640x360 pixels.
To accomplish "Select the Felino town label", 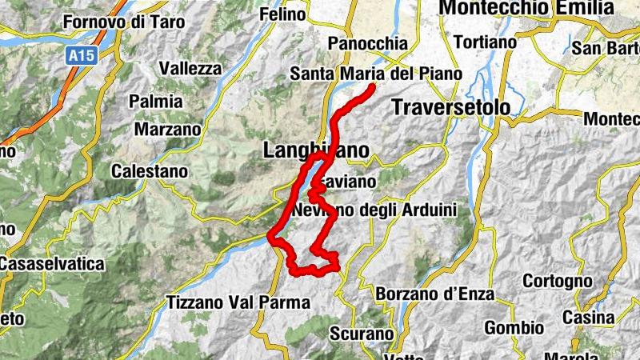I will click(282, 14).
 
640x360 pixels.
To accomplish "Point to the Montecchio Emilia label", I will click(527, 8).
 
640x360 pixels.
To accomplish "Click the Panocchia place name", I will click(368, 44).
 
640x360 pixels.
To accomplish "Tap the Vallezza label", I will click(190, 69).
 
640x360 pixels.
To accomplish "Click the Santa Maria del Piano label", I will click(376, 74).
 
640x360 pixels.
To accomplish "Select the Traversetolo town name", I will click(450, 106).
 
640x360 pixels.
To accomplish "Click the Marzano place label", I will click(167, 129).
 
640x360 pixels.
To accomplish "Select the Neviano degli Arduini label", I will click(374, 210).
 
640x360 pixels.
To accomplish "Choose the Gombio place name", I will click(514, 328).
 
